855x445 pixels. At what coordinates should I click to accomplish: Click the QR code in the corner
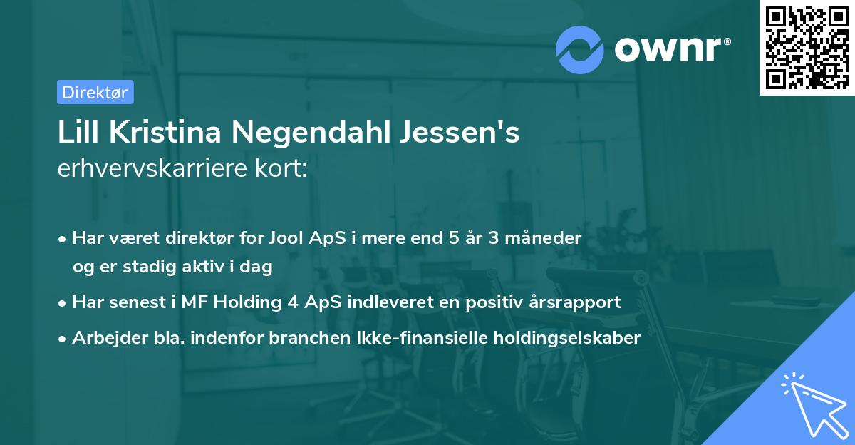(807, 48)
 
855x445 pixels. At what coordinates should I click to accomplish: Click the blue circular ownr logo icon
(580, 48)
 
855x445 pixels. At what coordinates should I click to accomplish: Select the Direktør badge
(95, 92)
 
